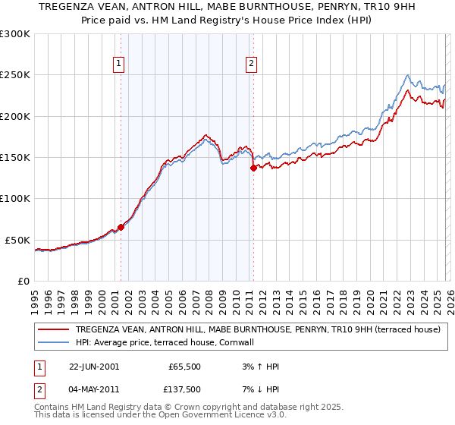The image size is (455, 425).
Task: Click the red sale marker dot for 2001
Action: click(121, 227)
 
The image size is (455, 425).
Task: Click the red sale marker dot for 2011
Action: click(253, 168)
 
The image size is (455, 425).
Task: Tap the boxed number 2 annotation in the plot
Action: click(251, 65)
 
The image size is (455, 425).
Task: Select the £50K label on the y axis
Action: click(17, 240)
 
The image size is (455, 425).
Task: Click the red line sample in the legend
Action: click(55, 330)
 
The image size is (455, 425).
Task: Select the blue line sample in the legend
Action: click(55, 343)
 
